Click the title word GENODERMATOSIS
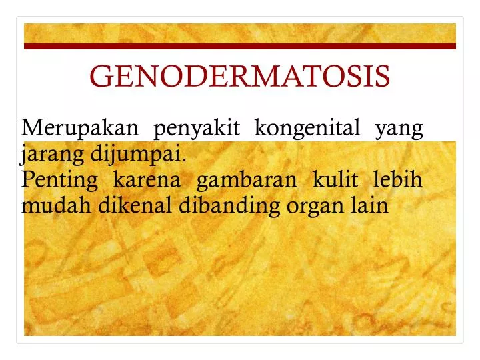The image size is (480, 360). tap(240, 77)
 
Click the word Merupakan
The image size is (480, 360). tap(80, 127)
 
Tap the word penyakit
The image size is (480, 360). tap(197, 128)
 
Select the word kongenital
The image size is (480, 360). tap(308, 128)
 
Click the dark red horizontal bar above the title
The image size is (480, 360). tap(240, 47)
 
